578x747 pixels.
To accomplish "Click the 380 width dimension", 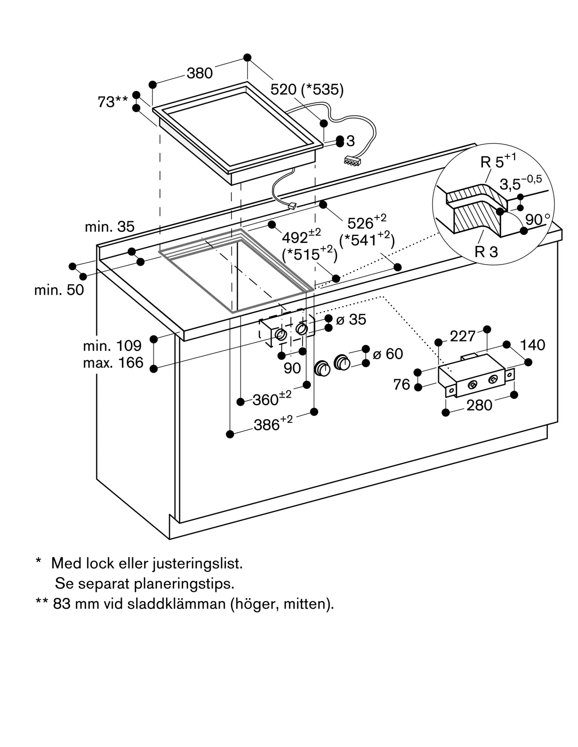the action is click(x=200, y=73).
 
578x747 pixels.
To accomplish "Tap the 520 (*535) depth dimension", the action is click(x=307, y=90).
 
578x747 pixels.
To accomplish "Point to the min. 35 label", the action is click(x=109, y=227).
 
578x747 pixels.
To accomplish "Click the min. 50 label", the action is click(x=59, y=290).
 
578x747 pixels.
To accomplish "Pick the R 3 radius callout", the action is click(x=486, y=252).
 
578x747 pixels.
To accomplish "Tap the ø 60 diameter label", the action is click(x=388, y=354).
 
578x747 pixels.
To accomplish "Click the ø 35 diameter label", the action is click(x=351, y=320).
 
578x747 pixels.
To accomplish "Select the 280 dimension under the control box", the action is click(x=479, y=405).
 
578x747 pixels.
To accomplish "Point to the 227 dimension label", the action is click(x=463, y=337).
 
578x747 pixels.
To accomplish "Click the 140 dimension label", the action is click(x=532, y=345).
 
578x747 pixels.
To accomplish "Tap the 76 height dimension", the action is click(x=402, y=384).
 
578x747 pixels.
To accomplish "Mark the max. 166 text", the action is click(x=113, y=363).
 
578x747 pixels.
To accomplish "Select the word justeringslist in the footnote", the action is click(x=198, y=563).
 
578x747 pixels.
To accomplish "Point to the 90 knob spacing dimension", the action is click(x=292, y=368).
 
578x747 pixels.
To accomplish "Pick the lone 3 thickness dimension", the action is click(x=350, y=141).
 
